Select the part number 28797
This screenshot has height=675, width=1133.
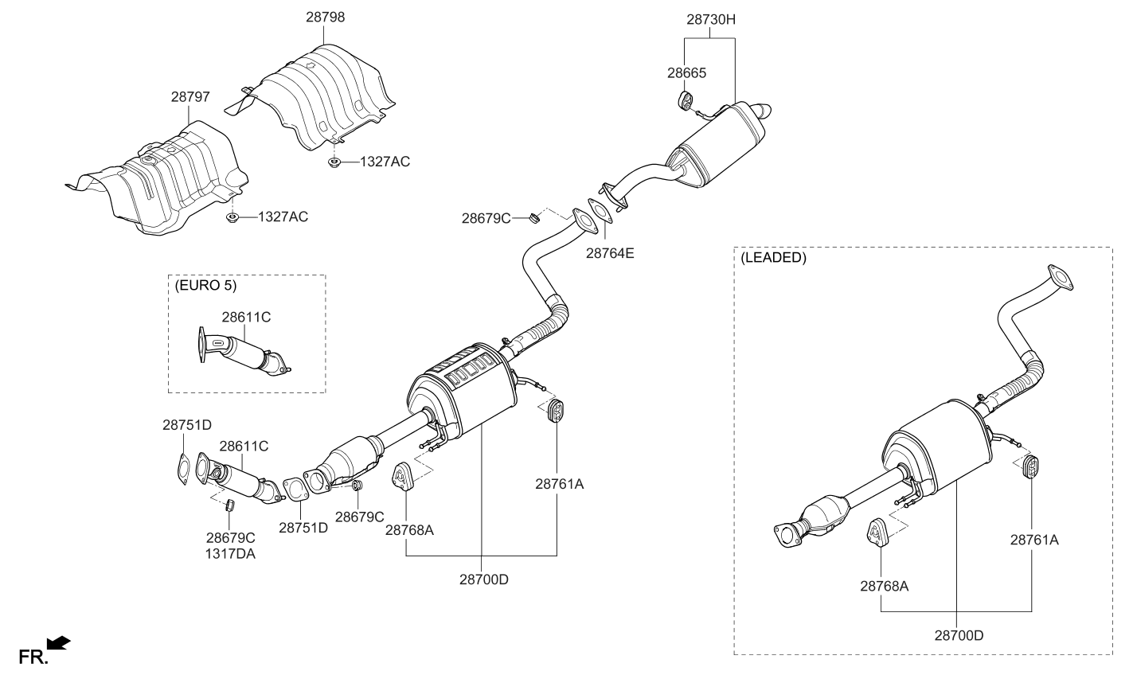pyautogui.click(x=190, y=96)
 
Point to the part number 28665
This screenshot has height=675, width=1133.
pyautogui.click(x=686, y=72)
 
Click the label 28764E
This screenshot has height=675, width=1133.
pyautogui.click(x=610, y=254)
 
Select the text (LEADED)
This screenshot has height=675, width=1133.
pyautogui.click(x=773, y=258)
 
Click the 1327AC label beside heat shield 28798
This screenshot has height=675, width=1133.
pyautogui.click(x=385, y=162)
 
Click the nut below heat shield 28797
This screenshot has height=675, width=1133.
pyautogui.click(x=232, y=217)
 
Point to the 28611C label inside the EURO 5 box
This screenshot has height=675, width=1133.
pyautogui.click(x=246, y=317)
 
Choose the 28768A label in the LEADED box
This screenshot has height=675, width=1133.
pyautogui.click(x=884, y=587)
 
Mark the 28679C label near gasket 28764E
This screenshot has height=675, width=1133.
pyautogui.click(x=486, y=217)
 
